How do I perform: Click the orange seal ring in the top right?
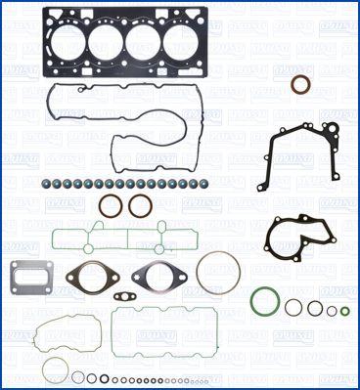tap(300, 85)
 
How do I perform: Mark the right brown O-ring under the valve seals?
tap(140, 206)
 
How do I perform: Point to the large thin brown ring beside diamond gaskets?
tap(214, 273)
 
